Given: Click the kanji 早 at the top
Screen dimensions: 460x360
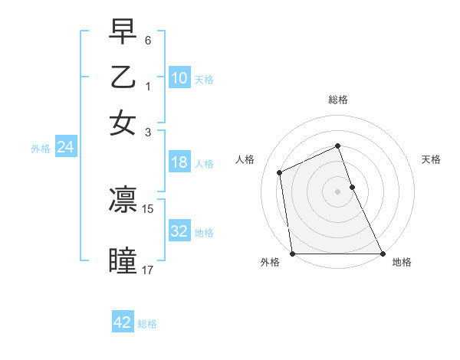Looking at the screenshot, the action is (123, 33).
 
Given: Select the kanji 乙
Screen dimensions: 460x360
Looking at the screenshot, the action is (123, 77).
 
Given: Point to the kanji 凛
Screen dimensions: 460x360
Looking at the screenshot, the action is (123, 200).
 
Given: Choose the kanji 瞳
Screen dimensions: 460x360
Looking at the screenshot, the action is (123, 260).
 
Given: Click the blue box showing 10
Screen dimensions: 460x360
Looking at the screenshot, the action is (179, 77).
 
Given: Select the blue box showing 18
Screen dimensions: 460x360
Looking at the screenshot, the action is (179, 162).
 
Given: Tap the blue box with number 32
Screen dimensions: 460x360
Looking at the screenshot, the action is (179, 231).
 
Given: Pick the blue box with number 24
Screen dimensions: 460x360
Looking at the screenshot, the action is (65, 148).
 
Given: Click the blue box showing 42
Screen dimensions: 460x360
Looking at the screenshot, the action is (123, 322).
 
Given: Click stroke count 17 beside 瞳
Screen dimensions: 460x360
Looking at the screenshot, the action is (148, 270).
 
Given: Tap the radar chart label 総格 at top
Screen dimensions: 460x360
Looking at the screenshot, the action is (338, 100).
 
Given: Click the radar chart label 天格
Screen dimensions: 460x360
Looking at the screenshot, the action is (431, 159).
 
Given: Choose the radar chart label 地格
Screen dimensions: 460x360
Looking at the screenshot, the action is (402, 262).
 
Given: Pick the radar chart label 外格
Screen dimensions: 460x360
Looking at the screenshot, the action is (270, 262).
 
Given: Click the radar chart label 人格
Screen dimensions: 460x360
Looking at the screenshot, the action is (245, 159).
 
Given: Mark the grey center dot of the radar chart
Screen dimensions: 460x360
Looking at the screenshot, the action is (337, 191).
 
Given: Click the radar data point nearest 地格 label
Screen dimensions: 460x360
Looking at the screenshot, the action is (383, 254).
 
